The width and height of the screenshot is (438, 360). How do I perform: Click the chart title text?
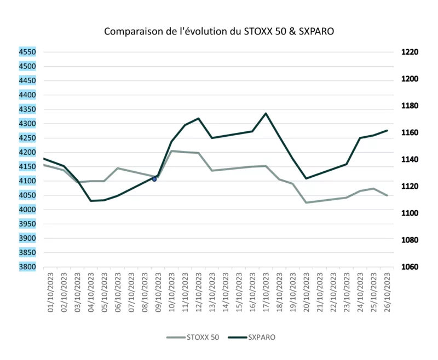pos(219,31)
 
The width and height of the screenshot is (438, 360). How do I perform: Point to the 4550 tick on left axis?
pos(27,52)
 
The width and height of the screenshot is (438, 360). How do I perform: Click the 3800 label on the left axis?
pos(27,267)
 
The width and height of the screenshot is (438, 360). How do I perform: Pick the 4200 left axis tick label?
pos(27,152)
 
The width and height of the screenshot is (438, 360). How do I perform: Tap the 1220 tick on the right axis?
pos(410,52)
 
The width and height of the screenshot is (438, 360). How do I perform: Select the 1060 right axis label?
pos(410,267)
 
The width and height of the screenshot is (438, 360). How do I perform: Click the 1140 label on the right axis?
pos(410,160)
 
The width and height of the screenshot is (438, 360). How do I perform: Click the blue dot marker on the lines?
pos(154,179)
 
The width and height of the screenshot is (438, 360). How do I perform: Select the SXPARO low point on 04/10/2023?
pos(91,201)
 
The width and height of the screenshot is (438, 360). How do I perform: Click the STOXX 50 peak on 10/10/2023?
pos(172,151)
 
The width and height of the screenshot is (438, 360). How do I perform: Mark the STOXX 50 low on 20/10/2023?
pos(306,202)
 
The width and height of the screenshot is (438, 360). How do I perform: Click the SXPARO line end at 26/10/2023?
pos(387,130)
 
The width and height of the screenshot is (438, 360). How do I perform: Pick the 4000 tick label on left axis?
pos(27,210)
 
